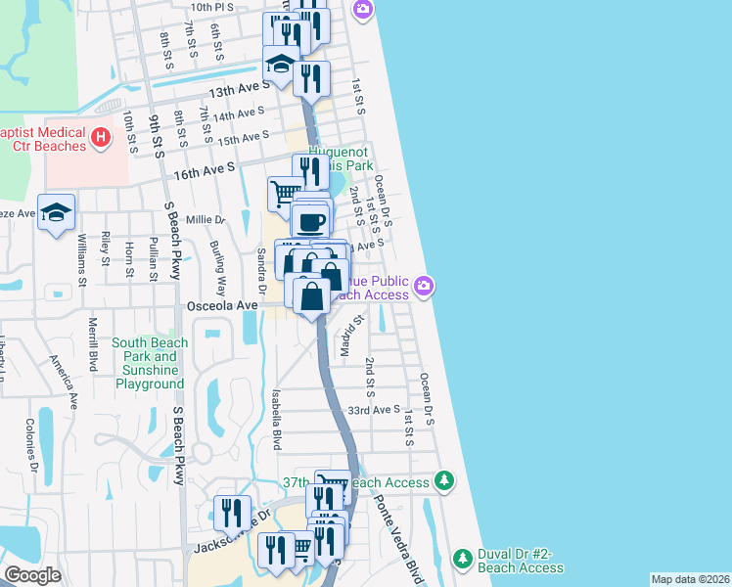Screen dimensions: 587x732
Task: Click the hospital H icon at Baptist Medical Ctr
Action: [x=100, y=140]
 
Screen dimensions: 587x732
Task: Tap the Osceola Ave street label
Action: [x=222, y=305]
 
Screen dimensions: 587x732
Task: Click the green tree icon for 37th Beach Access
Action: [x=445, y=481]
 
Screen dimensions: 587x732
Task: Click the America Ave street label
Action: [x=65, y=381]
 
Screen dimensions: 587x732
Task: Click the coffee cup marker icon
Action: [x=311, y=221]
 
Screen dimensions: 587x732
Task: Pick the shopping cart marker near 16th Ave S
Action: [x=285, y=191]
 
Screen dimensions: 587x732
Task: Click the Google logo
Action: [x=33, y=575]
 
